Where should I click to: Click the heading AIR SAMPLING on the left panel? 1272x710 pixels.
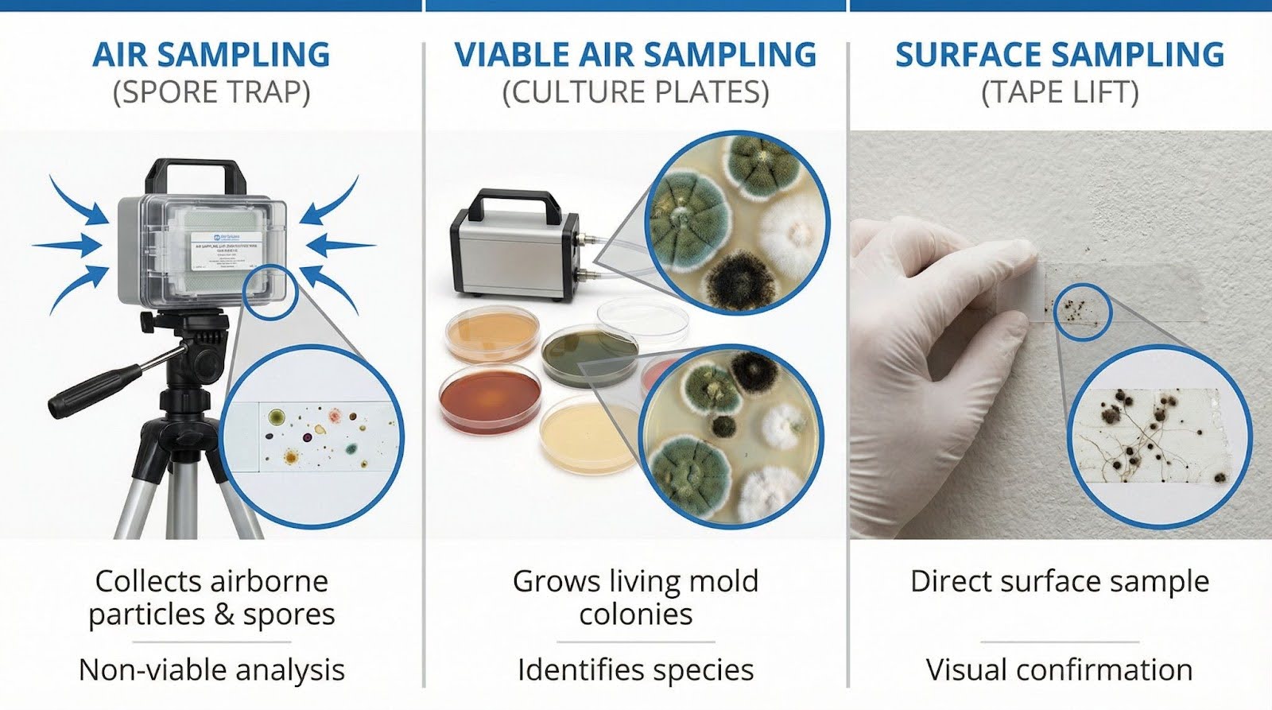pyautogui.click(x=211, y=55)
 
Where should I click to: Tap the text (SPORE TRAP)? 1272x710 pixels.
pyautogui.click(x=211, y=92)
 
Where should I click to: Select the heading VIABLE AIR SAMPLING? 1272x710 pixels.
pyautogui.click(x=635, y=55)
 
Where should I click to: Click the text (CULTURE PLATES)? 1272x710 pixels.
pyautogui.click(x=635, y=92)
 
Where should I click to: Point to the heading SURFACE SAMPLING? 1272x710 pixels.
pyautogui.click(x=1059, y=55)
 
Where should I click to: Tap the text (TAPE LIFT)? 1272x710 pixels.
pyautogui.click(x=1059, y=92)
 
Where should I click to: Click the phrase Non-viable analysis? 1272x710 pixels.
pyautogui.click(x=211, y=669)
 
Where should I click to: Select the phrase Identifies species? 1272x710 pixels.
pyautogui.click(x=635, y=669)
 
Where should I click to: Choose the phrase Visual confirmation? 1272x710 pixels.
pyautogui.click(x=1059, y=669)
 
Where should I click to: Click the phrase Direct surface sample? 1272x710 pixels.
pyautogui.click(x=1059, y=581)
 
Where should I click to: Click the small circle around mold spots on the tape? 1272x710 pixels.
pyautogui.click(x=1083, y=309)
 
